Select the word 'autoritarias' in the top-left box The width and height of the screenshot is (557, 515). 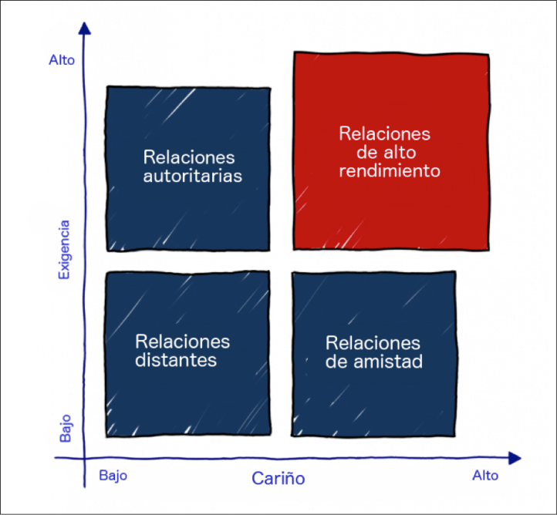coord(192,176)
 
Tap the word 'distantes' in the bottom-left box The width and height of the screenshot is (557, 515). coord(176,360)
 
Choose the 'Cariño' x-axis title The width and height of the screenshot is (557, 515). coord(278,479)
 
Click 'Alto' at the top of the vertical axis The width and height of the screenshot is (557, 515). coord(62,59)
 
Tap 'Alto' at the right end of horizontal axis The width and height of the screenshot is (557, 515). coord(485,476)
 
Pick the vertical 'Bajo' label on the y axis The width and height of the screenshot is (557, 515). coord(66,426)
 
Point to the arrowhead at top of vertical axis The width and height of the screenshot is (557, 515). coord(85,27)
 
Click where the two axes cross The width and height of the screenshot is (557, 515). coord(85,459)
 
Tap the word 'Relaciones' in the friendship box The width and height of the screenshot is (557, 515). coord(373,342)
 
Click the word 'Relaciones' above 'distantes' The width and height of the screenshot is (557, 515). coord(182,341)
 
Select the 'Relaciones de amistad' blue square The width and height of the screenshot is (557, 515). coord(374,401)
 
